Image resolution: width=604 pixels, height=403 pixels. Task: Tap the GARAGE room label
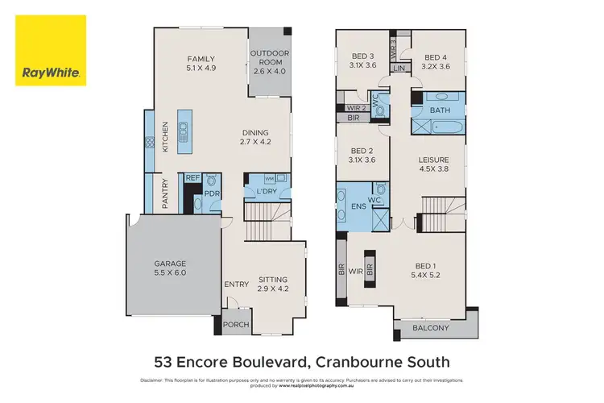170,268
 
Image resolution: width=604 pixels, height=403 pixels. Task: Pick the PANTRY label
165,193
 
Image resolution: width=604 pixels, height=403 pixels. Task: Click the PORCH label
237,325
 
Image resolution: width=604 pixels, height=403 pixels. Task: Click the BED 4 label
435,60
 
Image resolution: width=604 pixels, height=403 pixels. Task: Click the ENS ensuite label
358,206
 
